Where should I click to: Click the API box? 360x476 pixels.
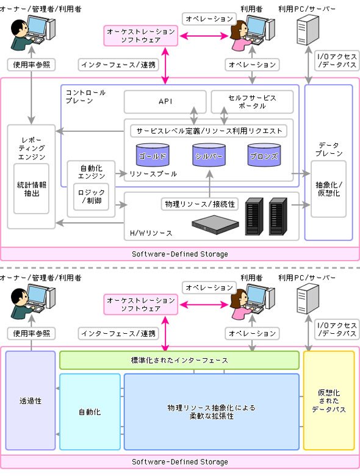pyautogui.click(x=165, y=101)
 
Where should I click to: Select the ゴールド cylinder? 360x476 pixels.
pyautogui.click(x=153, y=155)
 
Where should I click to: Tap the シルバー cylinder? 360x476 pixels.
pyautogui.click(x=209, y=155)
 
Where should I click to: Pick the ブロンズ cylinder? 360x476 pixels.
pyautogui.click(x=264, y=155)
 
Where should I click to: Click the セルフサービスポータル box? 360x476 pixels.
pyautogui.click(x=252, y=101)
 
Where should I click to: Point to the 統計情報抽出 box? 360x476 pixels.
pyautogui.click(x=31, y=189)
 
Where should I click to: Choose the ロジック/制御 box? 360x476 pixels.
pyautogui.click(x=91, y=197)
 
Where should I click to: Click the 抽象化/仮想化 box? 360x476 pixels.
pyautogui.click(x=328, y=189)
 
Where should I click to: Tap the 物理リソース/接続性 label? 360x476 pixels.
pyautogui.click(x=200, y=204)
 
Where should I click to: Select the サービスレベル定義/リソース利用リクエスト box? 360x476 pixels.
pyautogui.click(x=209, y=131)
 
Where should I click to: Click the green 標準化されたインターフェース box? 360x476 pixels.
pyautogui.click(x=179, y=360)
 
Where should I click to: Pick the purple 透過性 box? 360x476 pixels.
pyautogui.click(x=31, y=401)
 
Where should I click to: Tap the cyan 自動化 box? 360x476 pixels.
pyautogui.click(x=90, y=412)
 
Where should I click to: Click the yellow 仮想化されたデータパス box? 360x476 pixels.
pyautogui.click(x=329, y=401)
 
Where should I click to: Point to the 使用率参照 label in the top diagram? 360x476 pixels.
pyautogui.click(x=31, y=65)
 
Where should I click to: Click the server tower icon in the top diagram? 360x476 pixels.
pyautogui.click(x=307, y=30)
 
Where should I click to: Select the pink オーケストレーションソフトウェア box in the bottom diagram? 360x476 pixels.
pyautogui.click(x=140, y=305)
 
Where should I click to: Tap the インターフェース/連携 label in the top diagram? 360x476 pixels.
pyautogui.click(x=118, y=65)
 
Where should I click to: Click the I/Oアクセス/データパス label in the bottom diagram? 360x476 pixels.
pyautogui.click(x=337, y=330)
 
